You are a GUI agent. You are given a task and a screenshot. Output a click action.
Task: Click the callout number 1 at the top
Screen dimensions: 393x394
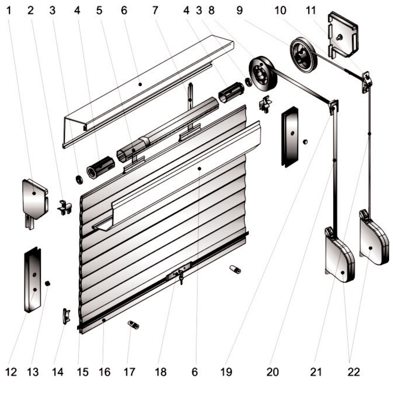[x=9, y=10]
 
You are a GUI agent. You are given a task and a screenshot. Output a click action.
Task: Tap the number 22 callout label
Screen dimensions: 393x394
[x=354, y=372]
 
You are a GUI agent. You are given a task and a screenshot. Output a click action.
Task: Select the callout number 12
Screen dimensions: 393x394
[x=11, y=372]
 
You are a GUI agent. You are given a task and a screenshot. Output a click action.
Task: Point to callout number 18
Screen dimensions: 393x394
[x=161, y=372]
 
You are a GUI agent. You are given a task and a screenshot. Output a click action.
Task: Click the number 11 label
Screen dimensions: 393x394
[x=311, y=10]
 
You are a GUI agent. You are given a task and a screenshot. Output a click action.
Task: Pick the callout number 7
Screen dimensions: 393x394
[x=155, y=10]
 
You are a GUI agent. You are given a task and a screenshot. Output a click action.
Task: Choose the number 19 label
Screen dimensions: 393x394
[x=226, y=372]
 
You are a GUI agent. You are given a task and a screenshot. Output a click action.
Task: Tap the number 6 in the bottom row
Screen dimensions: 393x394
[x=195, y=372]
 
